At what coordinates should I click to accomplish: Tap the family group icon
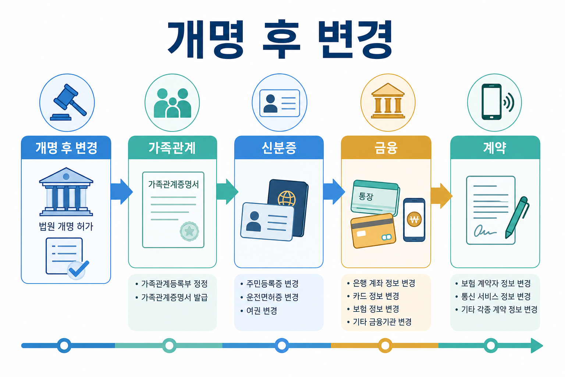(x=172, y=103)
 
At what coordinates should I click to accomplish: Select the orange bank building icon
(x=388, y=101)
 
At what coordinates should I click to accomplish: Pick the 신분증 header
(x=279, y=148)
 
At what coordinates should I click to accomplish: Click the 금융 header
(x=386, y=148)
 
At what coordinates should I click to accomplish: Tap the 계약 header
(x=495, y=148)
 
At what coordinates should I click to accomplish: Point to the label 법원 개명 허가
(x=66, y=226)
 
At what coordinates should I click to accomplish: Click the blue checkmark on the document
(x=78, y=269)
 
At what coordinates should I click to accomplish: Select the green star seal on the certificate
(x=189, y=231)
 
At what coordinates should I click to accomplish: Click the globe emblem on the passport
(x=287, y=198)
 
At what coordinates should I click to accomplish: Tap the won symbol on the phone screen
(x=414, y=219)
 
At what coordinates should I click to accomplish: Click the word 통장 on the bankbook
(x=366, y=196)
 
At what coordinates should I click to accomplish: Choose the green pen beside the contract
(x=517, y=217)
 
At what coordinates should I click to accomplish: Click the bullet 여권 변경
(x=259, y=311)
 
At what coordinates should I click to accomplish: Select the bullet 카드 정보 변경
(x=373, y=296)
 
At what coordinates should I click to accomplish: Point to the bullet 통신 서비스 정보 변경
(x=493, y=296)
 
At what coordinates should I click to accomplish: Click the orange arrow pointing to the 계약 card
(x=441, y=196)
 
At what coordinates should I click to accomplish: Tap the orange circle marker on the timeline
(x=385, y=345)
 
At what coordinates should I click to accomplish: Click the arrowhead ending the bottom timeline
(x=537, y=345)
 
